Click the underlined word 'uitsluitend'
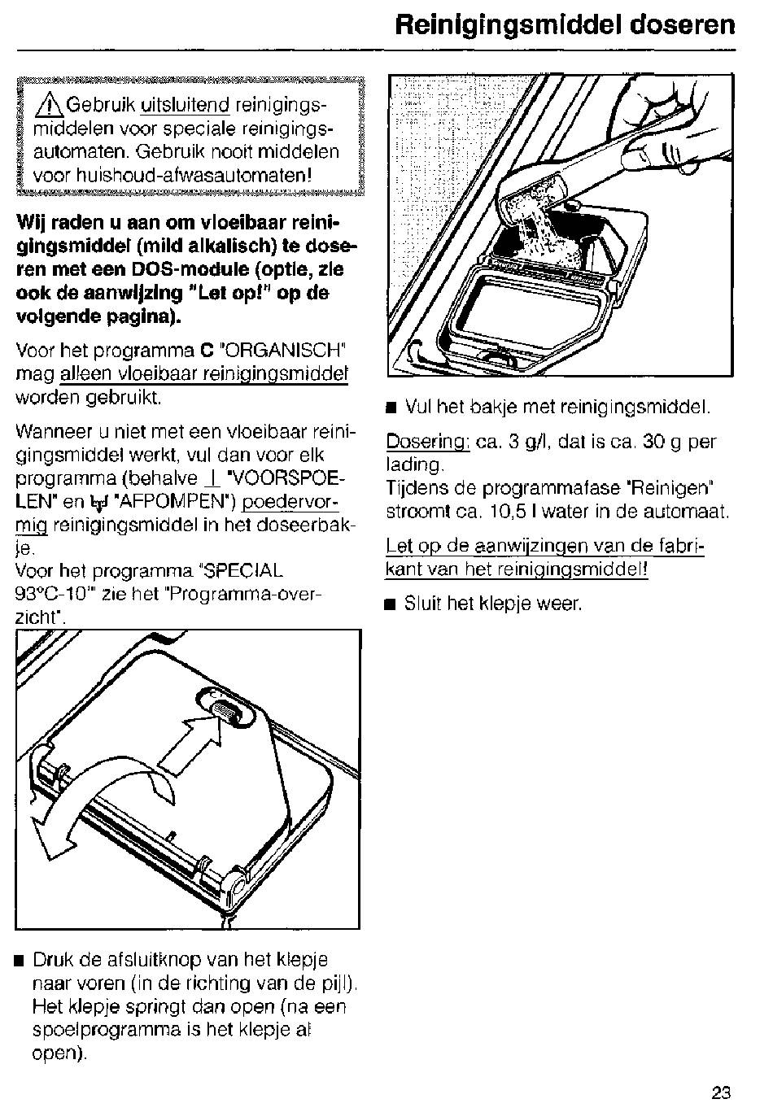point(185,106)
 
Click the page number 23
point(721,1093)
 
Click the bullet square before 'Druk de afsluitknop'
point(20,961)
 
